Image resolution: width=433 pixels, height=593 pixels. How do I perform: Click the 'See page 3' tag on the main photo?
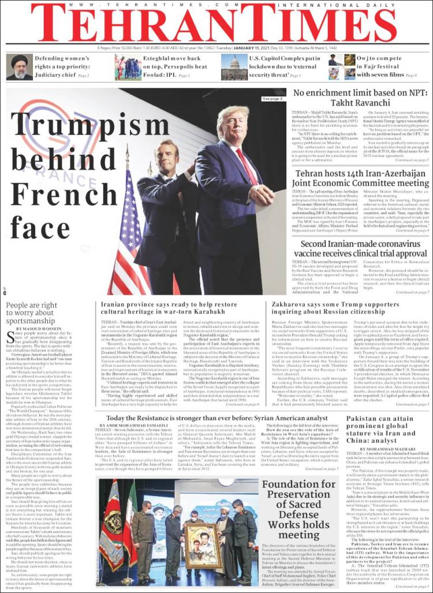coord(273,99)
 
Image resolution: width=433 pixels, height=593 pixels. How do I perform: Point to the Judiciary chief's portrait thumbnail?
coord(19,68)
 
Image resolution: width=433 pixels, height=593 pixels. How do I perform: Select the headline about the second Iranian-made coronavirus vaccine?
coord(361,249)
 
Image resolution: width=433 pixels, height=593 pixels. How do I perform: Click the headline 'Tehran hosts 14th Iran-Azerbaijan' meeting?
coord(361,178)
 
